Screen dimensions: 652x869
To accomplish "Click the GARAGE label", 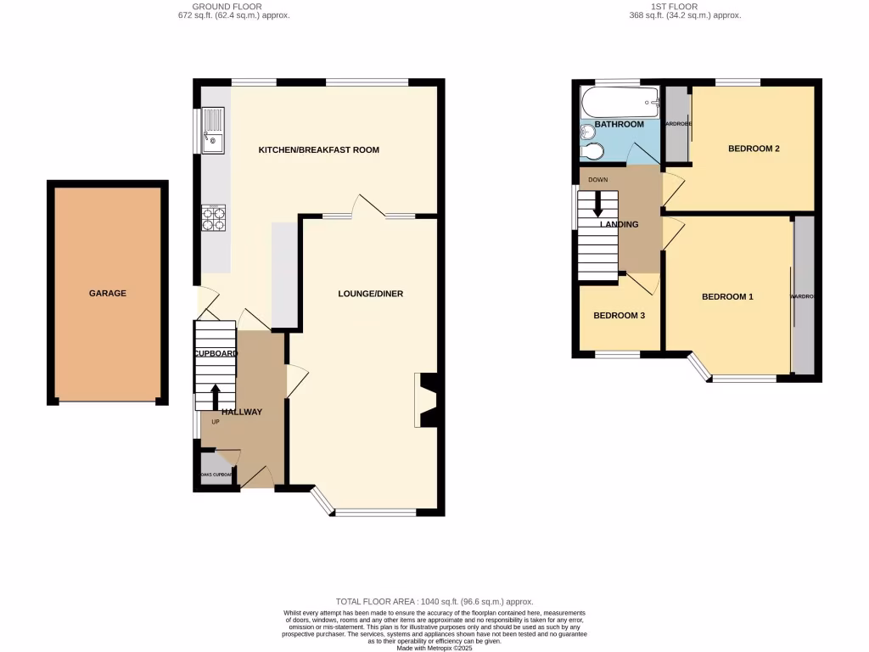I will (108, 293).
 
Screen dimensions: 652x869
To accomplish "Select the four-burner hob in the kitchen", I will (214, 219).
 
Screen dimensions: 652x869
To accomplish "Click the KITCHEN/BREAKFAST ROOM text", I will (318, 149).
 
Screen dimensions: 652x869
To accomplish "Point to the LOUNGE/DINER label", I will (370, 294).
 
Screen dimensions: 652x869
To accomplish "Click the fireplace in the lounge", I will (425, 400).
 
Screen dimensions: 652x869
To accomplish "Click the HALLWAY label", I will (242, 412).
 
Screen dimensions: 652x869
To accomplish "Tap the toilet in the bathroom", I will (594, 151).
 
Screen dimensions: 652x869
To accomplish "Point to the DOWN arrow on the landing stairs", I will (598, 204).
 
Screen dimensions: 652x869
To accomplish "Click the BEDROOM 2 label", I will (754, 149).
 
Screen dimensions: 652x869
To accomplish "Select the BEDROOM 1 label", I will (727, 296).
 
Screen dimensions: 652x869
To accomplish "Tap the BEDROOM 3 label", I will (620, 316).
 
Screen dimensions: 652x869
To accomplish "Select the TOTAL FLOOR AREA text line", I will (434, 600).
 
